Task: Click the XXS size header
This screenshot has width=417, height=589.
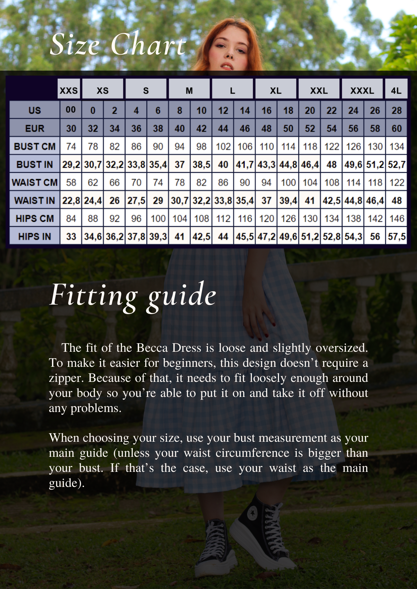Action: (69, 90)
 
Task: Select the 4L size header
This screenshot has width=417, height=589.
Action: (396, 90)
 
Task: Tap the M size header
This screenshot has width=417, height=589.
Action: (189, 90)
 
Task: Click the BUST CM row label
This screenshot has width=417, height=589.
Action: (35, 146)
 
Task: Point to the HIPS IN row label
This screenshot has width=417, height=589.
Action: (35, 236)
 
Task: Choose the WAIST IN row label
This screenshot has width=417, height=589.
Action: (35, 200)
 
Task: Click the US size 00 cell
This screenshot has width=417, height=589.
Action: (71, 110)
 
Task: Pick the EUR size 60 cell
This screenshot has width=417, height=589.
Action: (396, 128)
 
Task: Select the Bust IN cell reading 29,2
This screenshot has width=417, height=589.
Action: (71, 164)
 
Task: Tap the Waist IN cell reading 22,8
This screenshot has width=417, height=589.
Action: (71, 200)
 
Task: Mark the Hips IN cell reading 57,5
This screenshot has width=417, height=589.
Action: (396, 236)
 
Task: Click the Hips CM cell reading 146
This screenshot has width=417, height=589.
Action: (396, 218)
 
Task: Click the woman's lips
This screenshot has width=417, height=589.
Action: (226, 66)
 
